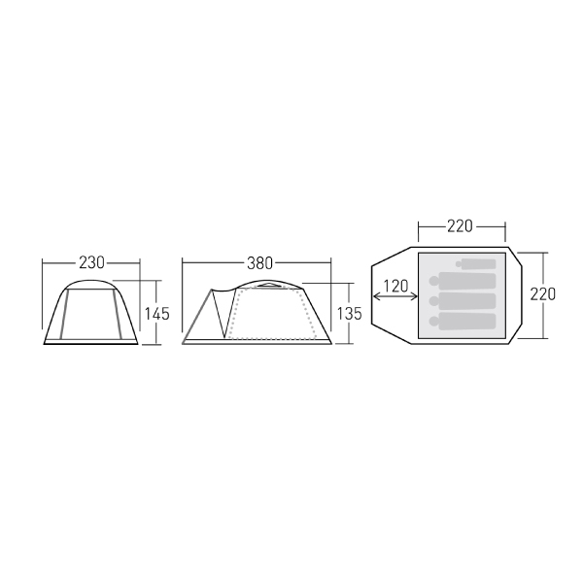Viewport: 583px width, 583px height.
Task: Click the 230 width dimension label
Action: pos(91,263)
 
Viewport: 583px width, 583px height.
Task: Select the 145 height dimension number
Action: pos(156,314)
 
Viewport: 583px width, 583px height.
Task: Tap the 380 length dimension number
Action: pos(259,263)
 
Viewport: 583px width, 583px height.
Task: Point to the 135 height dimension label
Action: pos(349,314)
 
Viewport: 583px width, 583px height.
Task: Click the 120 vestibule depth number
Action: pos(395,286)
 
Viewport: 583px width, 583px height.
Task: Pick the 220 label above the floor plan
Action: pos(460,226)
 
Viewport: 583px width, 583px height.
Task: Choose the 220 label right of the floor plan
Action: pos(543,294)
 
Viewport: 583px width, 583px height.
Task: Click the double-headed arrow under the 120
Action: pos(394,296)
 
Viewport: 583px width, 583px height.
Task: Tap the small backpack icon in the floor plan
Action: pos(476,264)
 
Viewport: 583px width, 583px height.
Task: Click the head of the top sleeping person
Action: pos(434,281)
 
